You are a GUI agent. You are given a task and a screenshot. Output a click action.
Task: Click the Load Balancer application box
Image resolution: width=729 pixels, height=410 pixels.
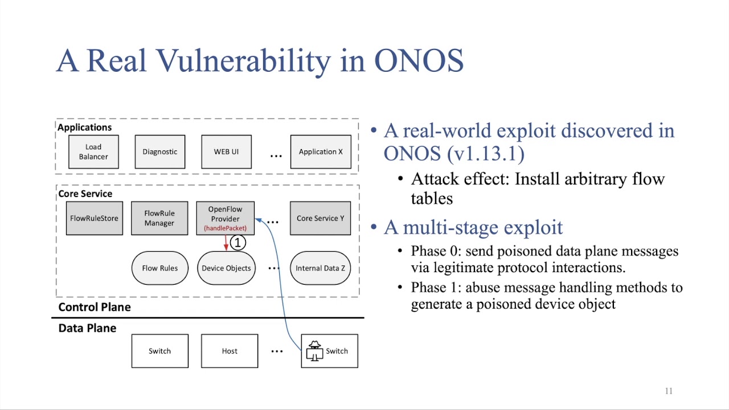[93, 152]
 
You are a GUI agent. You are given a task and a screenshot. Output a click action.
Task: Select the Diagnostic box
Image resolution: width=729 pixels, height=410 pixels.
[159, 152]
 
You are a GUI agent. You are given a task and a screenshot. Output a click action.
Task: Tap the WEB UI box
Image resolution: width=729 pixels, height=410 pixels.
[226, 152]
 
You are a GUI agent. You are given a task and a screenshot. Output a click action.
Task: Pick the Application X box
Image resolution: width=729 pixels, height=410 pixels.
[321, 152]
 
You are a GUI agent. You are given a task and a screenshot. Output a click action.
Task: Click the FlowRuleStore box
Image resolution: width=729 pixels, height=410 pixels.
[94, 218]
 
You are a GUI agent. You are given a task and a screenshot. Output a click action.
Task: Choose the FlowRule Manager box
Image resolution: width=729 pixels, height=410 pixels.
[159, 218]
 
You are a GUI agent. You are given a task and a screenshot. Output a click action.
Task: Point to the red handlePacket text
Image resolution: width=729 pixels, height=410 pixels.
[225, 228]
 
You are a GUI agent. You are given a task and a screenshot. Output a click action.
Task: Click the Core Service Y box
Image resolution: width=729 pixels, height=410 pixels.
[320, 218]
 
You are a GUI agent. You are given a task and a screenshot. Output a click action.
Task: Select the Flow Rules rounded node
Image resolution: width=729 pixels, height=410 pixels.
[159, 268]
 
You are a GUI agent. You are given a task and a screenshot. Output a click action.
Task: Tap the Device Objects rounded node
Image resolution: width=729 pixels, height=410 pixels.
[226, 268]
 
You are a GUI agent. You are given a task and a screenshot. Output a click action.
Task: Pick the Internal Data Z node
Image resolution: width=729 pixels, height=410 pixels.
[320, 268]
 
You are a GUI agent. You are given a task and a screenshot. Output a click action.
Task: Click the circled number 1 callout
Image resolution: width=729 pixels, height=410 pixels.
[238, 243]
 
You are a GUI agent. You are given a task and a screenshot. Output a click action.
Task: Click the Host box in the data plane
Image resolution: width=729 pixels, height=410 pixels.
[230, 351]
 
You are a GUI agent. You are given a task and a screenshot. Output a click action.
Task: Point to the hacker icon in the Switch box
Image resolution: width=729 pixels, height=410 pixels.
[314, 351]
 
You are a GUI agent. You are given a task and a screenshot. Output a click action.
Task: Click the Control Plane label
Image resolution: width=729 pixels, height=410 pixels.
[95, 307]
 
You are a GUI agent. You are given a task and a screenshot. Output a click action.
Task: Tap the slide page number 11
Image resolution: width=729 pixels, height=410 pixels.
[669, 391]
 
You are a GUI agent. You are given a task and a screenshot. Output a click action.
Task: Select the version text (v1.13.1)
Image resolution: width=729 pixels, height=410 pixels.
[486, 153]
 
